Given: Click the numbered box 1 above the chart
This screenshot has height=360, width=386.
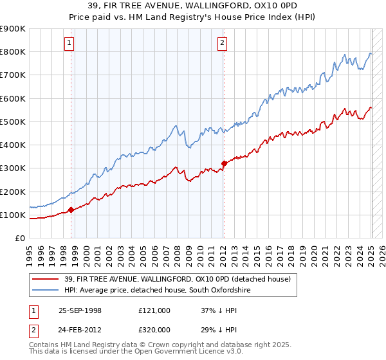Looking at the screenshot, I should (69, 44).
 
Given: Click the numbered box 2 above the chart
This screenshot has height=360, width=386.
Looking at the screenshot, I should (222, 44).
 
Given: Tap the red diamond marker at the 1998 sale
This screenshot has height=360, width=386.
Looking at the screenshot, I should (71, 210).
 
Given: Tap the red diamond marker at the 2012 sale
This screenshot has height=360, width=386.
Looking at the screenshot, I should (223, 163).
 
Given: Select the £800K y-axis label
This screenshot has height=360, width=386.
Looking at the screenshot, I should (13, 51).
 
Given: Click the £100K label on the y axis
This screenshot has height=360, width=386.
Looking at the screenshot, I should (13, 215).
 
